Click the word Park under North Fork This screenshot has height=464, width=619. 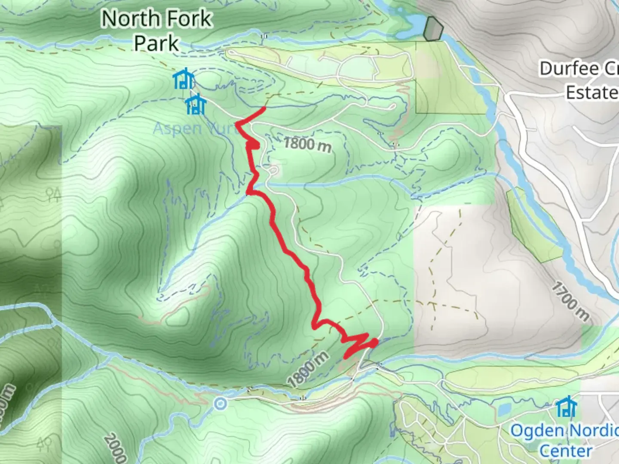(x=156, y=43)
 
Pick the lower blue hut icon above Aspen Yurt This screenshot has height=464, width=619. (x=196, y=105)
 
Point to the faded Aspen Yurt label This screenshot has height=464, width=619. (x=196, y=128)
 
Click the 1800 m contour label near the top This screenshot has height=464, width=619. (x=308, y=144)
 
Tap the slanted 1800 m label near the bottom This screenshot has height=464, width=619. (x=308, y=369)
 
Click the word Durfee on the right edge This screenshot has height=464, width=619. (x=569, y=69)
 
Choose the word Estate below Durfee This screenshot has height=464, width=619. (x=591, y=92)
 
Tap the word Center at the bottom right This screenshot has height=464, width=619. (x=566, y=451)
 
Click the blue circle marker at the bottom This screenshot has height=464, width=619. (x=221, y=403)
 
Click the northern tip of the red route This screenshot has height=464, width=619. (x=263, y=107)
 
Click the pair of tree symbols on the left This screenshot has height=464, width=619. (x=54, y=195)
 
